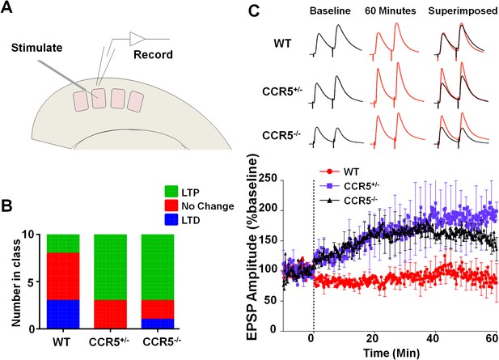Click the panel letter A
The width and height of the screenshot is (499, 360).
(6, 6)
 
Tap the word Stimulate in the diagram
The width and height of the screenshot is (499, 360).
(37, 48)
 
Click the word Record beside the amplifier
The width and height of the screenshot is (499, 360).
(153, 54)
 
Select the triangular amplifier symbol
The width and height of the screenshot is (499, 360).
(137, 39)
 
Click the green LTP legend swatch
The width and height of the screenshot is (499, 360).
(171, 192)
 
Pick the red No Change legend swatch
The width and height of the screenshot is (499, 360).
(171, 205)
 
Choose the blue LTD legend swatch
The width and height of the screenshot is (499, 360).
(171, 219)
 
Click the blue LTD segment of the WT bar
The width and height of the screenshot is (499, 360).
(63, 314)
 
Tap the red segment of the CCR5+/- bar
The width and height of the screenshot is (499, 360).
(111, 314)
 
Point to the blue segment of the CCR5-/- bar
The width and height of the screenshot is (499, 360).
(158, 324)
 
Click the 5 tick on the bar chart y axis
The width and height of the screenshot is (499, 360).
(32, 282)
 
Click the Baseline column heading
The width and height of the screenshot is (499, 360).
(330, 11)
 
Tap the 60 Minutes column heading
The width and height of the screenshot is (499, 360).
(391, 11)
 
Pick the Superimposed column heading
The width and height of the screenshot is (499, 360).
(463, 11)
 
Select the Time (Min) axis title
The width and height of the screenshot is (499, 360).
(391, 353)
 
